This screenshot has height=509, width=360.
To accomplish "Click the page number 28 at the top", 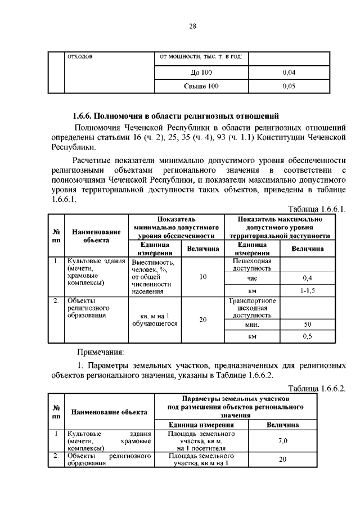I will [192, 26].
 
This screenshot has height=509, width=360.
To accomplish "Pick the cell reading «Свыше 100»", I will [201, 86].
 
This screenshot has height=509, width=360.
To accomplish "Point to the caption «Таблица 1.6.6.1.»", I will [317, 209].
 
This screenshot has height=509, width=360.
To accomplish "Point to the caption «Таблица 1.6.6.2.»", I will [317, 389].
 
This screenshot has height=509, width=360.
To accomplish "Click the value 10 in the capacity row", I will [203, 277].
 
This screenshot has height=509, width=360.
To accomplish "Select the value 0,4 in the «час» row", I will [307, 278].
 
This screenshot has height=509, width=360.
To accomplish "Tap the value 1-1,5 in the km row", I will [307, 291].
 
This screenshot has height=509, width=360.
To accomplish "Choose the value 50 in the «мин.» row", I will [307, 325].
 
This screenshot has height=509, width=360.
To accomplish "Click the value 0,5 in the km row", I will [307, 336].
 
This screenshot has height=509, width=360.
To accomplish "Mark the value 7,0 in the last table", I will [282, 442].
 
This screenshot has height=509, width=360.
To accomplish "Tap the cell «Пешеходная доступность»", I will [251, 264].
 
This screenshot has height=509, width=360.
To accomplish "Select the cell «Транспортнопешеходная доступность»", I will [251, 308].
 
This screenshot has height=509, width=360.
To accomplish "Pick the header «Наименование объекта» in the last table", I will [109, 412].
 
